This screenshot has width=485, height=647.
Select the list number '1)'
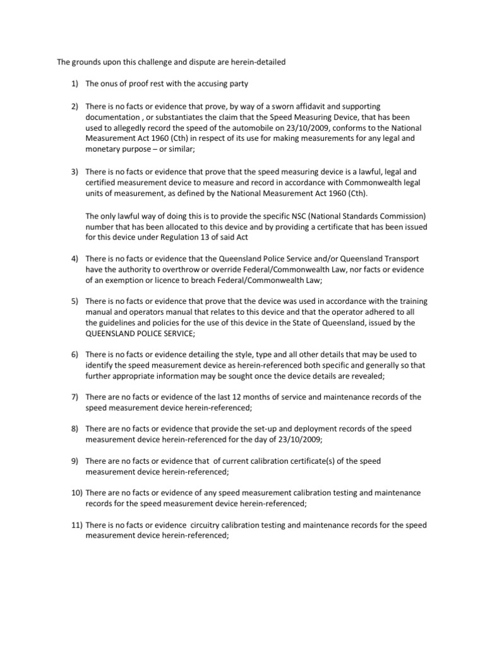click(75, 83)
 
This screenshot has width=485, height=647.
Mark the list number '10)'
click(76, 493)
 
